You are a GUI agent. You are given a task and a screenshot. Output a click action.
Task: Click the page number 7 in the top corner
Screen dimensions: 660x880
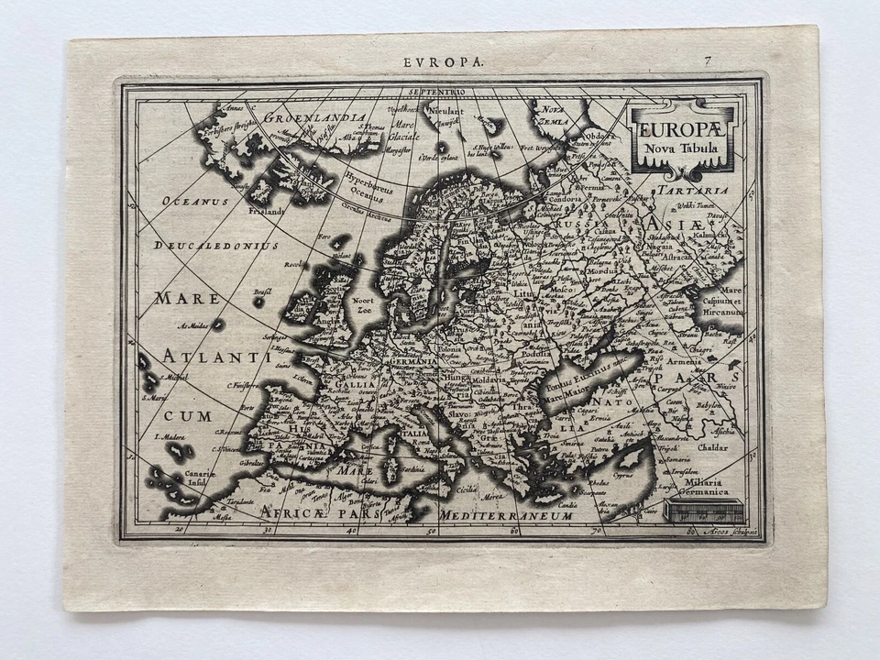[x=708, y=61]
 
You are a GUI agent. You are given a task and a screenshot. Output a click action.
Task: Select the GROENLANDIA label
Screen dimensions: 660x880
[x=303, y=117]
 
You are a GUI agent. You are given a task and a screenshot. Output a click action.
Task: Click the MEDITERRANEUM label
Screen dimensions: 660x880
[x=506, y=517]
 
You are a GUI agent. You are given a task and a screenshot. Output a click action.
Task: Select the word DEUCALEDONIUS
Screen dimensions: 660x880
[x=216, y=246]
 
